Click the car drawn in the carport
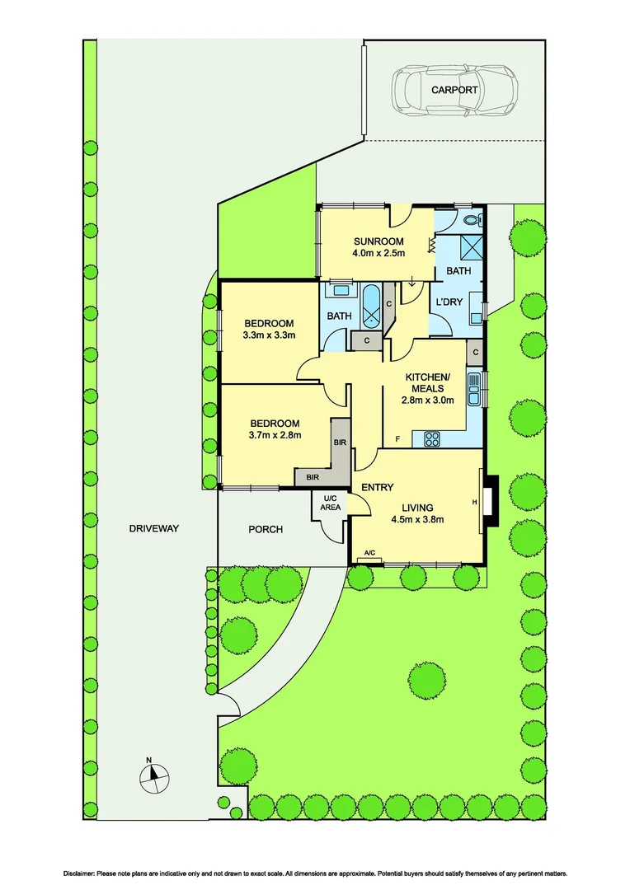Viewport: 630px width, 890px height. (x=454, y=90)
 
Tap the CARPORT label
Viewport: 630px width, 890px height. (x=454, y=90)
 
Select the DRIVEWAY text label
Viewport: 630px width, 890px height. (x=154, y=528)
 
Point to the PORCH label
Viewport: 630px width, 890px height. (x=266, y=529)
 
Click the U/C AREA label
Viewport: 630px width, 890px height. (x=331, y=502)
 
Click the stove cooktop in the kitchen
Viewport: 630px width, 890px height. (x=432, y=439)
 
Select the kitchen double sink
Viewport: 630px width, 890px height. (x=474, y=389)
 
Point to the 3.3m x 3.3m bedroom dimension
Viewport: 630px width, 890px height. (x=269, y=335)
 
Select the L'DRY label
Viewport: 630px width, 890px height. (x=449, y=302)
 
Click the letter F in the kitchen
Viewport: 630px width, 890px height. (x=397, y=439)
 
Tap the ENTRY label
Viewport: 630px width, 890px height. (x=377, y=488)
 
